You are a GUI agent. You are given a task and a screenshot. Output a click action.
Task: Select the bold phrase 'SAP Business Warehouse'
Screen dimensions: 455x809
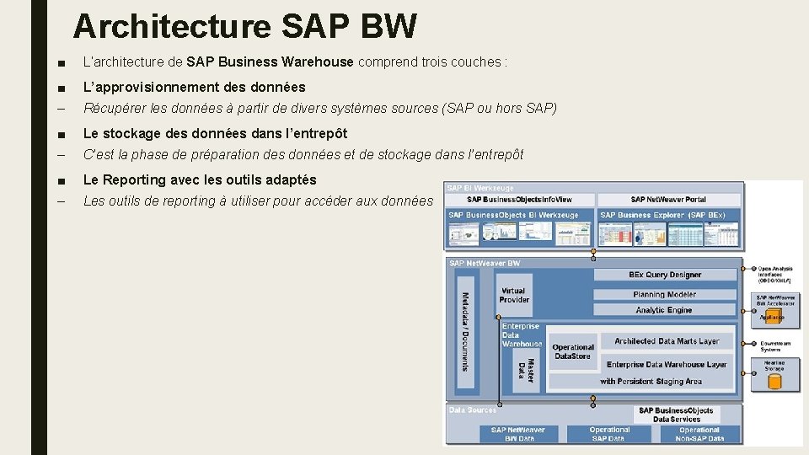[270, 62]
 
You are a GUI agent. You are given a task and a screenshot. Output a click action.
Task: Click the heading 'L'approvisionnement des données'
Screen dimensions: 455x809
[194, 87]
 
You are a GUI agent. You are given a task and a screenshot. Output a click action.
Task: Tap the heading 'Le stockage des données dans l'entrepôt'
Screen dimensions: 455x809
[215, 133]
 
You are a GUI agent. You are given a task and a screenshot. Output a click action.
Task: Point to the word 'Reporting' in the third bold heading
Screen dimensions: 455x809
[137, 179]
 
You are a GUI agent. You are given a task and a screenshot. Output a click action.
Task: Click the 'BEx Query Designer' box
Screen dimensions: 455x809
[665, 275]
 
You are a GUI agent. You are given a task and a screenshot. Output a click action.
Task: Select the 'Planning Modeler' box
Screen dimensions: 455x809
[665, 294]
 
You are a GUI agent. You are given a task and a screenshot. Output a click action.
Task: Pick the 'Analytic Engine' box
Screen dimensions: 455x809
[665, 310]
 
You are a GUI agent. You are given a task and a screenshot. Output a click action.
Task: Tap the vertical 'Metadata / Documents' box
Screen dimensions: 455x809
[464, 330]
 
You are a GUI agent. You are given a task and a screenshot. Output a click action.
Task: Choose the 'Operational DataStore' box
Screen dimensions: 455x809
[573, 351]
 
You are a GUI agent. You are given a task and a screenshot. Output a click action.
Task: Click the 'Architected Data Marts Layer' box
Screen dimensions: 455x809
[667, 341]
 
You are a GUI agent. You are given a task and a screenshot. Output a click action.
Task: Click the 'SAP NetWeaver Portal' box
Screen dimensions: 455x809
[668, 200]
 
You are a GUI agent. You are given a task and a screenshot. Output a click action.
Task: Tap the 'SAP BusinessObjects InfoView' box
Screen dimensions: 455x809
[519, 200]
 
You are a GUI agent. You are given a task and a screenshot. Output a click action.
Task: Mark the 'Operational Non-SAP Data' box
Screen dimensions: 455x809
[699, 434]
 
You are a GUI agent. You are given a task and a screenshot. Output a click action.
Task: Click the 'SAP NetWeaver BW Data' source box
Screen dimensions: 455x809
[519, 434]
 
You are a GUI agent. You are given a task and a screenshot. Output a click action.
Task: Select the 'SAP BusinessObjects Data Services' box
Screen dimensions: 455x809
[676, 415]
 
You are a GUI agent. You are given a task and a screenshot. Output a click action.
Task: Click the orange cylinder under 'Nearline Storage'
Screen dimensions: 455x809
[774, 382]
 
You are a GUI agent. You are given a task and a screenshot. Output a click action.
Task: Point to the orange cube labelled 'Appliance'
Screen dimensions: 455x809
[773, 317]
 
